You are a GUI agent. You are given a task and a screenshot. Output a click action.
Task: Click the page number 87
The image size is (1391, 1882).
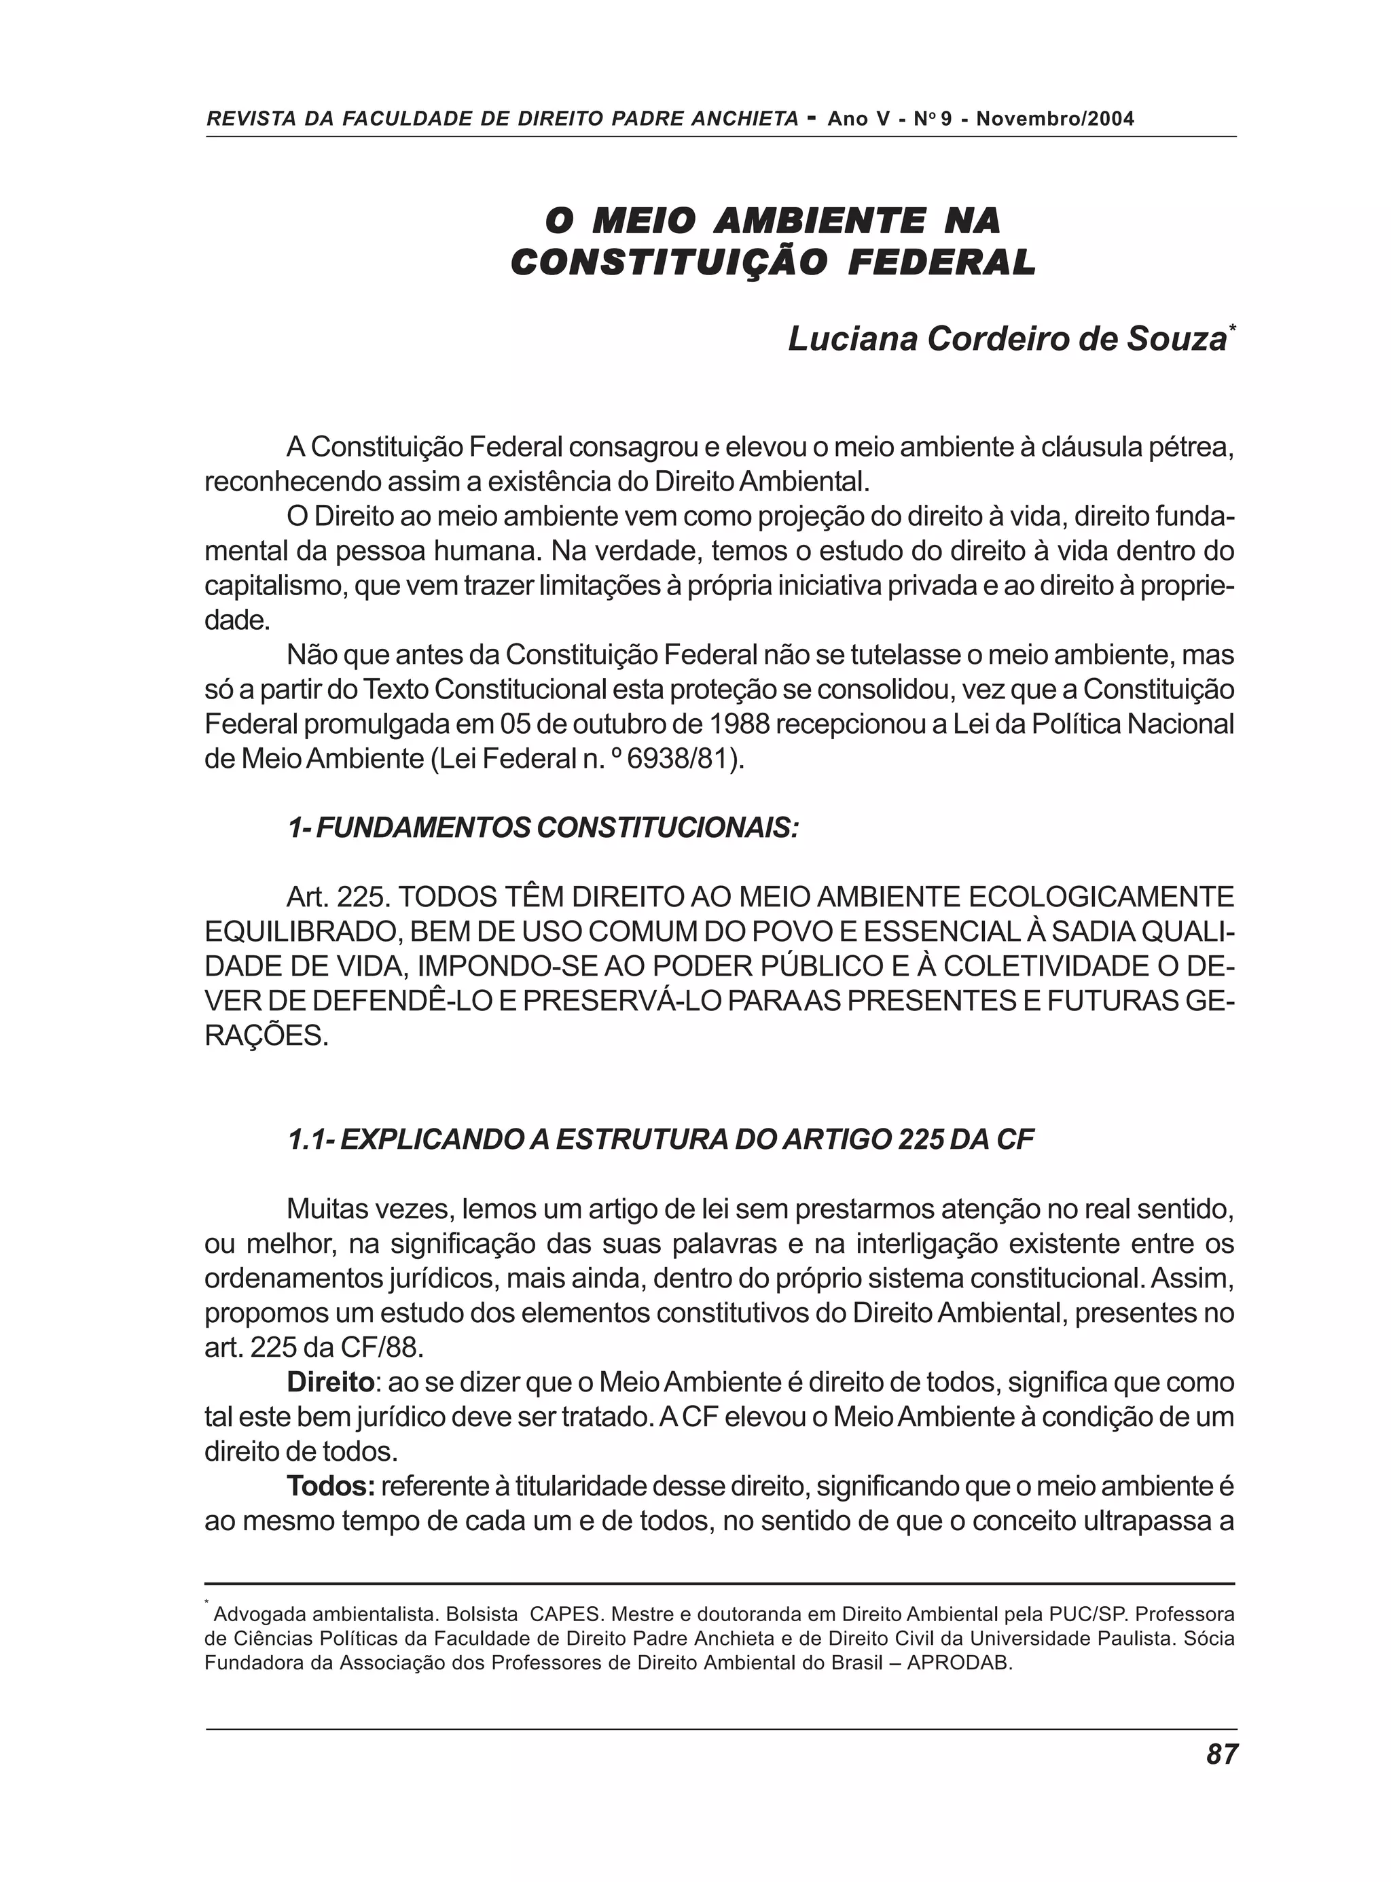click(1222, 1754)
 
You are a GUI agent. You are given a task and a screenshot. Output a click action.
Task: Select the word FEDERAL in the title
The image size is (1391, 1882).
click(942, 263)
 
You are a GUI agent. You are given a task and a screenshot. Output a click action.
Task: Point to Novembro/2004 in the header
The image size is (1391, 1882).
click(1055, 119)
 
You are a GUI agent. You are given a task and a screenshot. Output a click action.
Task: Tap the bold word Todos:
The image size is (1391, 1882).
click(331, 1486)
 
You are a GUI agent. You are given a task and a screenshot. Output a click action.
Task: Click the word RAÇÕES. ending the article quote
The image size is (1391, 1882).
click(266, 1035)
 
